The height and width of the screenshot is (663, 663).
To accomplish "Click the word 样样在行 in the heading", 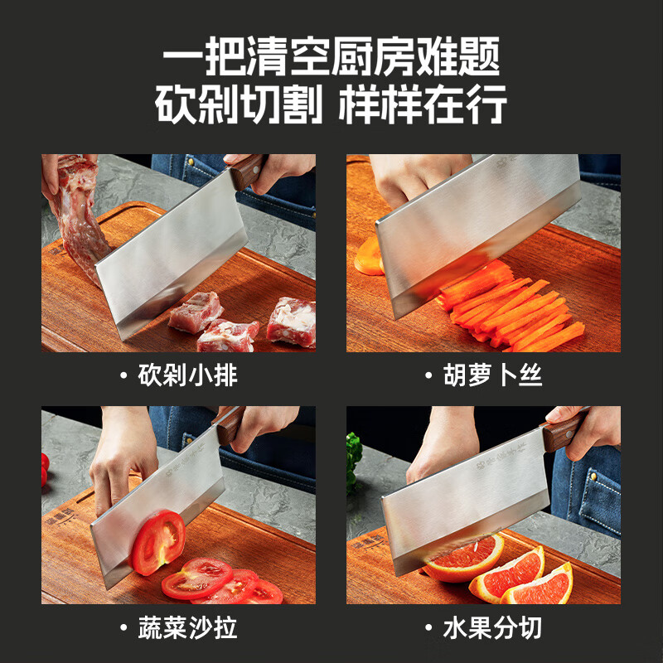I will click(423, 106).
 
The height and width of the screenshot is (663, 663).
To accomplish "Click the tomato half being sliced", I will click(157, 543).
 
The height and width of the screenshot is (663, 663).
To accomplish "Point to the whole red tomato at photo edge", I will click(45, 469).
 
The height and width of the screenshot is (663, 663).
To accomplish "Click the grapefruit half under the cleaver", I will click(464, 557).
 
